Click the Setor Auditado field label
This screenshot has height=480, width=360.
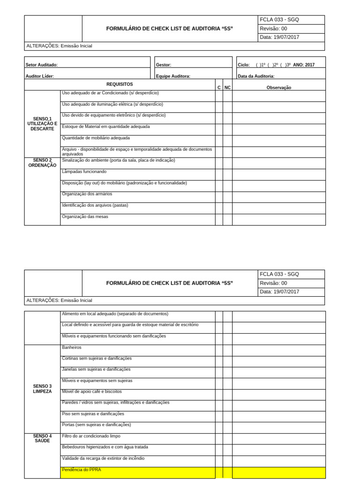[42, 65]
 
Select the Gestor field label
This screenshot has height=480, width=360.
[164, 65]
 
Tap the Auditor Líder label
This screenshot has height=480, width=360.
[40, 76]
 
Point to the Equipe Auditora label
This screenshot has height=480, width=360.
[173, 76]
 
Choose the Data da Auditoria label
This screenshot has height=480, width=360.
[256, 76]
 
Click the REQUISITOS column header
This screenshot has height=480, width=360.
[120, 84]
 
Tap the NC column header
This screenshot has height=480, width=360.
[227, 88]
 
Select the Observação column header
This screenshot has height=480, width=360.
[278, 88]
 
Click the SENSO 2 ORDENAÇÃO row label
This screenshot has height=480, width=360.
[42, 163]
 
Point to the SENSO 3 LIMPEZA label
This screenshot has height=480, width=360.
[42, 389]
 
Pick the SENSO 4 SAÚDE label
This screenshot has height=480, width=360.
[42, 438]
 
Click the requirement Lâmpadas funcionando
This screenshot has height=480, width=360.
[84, 172]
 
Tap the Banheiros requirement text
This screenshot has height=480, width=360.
[72, 347]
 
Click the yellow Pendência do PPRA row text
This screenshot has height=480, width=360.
[82, 469]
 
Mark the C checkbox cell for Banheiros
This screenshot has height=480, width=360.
[219, 350]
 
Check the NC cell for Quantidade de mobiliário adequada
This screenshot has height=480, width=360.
[227, 141]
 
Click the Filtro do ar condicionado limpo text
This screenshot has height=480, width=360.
[91, 436]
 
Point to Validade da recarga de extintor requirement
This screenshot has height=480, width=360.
[103, 458]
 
